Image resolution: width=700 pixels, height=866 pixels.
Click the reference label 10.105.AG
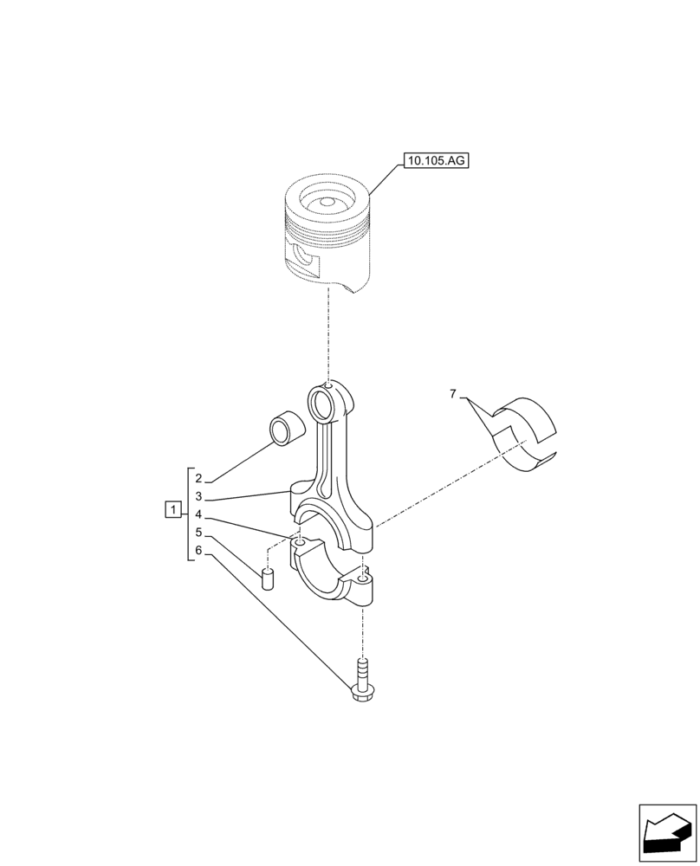click(434, 160)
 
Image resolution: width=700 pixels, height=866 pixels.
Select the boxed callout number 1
click(173, 509)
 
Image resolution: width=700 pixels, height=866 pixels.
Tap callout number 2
click(198, 478)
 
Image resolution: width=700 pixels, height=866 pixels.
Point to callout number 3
click(198, 496)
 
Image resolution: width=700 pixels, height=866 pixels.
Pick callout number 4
click(198, 514)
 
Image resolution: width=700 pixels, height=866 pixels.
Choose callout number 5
click(198, 533)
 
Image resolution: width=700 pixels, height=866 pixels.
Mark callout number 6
click(198, 551)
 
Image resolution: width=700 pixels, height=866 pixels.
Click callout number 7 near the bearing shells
click(452, 395)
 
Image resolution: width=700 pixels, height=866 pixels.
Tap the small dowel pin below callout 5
click(269, 577)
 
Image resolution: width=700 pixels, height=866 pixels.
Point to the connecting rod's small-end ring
click(325, 401)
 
